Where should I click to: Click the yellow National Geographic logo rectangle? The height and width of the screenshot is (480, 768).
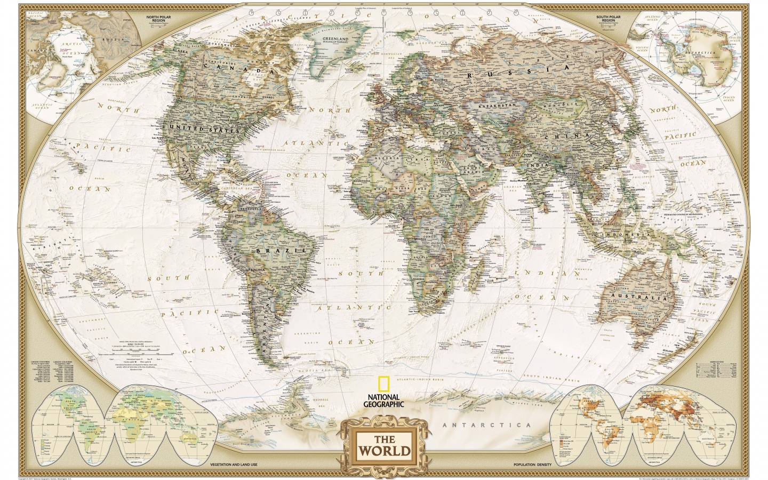tap(382, 384)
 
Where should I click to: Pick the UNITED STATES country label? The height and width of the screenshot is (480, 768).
tap(203, 129)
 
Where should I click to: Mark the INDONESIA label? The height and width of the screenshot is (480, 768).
tap(626, 235)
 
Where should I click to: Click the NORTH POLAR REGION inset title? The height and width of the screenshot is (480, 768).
tap(160, 20)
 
